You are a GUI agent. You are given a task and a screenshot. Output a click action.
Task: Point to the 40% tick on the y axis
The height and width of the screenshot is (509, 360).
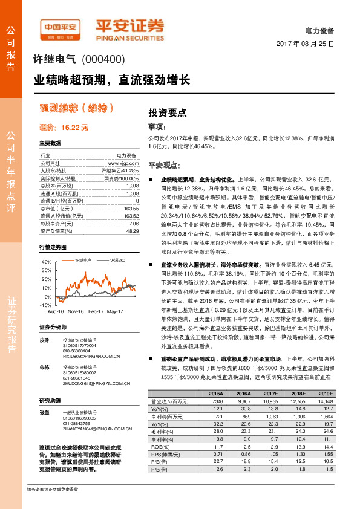tap(47, 262)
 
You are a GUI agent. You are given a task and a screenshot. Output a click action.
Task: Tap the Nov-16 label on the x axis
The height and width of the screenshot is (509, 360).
tap(76, 311)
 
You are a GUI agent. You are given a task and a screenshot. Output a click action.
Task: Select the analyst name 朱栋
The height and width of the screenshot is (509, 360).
tap(44, 367)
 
